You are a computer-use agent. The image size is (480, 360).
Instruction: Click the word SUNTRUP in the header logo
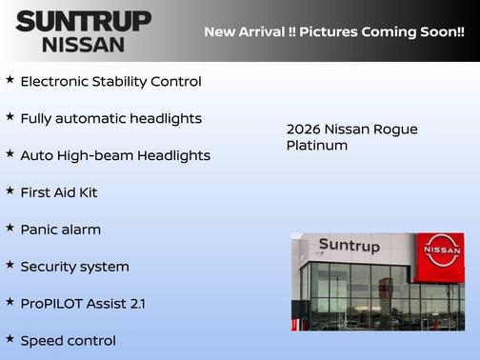[84, 21]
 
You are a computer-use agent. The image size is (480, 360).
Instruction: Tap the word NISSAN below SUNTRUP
[84, 44]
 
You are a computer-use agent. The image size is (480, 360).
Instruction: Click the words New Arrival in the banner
[244, 31]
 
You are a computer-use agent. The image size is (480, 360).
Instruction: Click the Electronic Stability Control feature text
[110, 81]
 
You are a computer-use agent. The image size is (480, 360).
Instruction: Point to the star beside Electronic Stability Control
[10, 79]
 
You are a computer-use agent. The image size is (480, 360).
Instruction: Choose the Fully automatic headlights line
[110, 118]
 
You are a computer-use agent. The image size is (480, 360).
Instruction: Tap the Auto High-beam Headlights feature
[115, 155]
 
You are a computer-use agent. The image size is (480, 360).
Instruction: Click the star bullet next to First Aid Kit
[10, 190]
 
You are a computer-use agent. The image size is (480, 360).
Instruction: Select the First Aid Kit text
[59, 192]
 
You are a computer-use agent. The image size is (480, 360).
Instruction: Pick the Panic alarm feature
[60, 230]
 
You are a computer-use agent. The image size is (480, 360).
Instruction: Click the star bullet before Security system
[10, 265]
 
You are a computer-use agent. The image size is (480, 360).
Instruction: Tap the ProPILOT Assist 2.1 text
[83, 304]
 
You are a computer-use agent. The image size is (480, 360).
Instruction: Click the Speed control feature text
[68, 340]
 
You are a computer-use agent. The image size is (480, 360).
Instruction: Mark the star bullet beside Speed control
[10, 338]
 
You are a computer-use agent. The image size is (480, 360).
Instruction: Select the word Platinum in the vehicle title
[317, 146]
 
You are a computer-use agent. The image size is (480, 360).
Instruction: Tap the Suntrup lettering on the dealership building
[349, 246]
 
